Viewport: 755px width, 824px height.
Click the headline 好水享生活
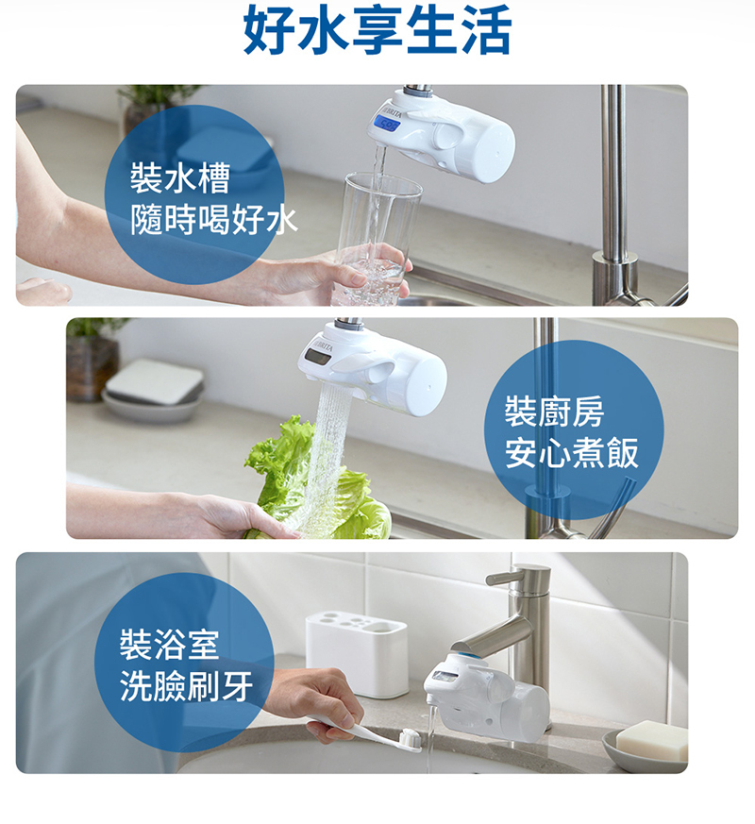(377, 31)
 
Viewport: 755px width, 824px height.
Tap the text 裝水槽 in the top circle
(180, 177)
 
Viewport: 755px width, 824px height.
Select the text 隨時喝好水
(213, 221)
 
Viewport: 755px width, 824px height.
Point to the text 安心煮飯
(572, 454)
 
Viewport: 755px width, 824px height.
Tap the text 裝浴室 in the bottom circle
(169, 645)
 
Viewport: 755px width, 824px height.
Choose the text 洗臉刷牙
(187, 687)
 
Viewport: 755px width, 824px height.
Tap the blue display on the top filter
(389, 122)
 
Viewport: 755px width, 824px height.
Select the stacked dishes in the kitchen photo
(153, 388)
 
